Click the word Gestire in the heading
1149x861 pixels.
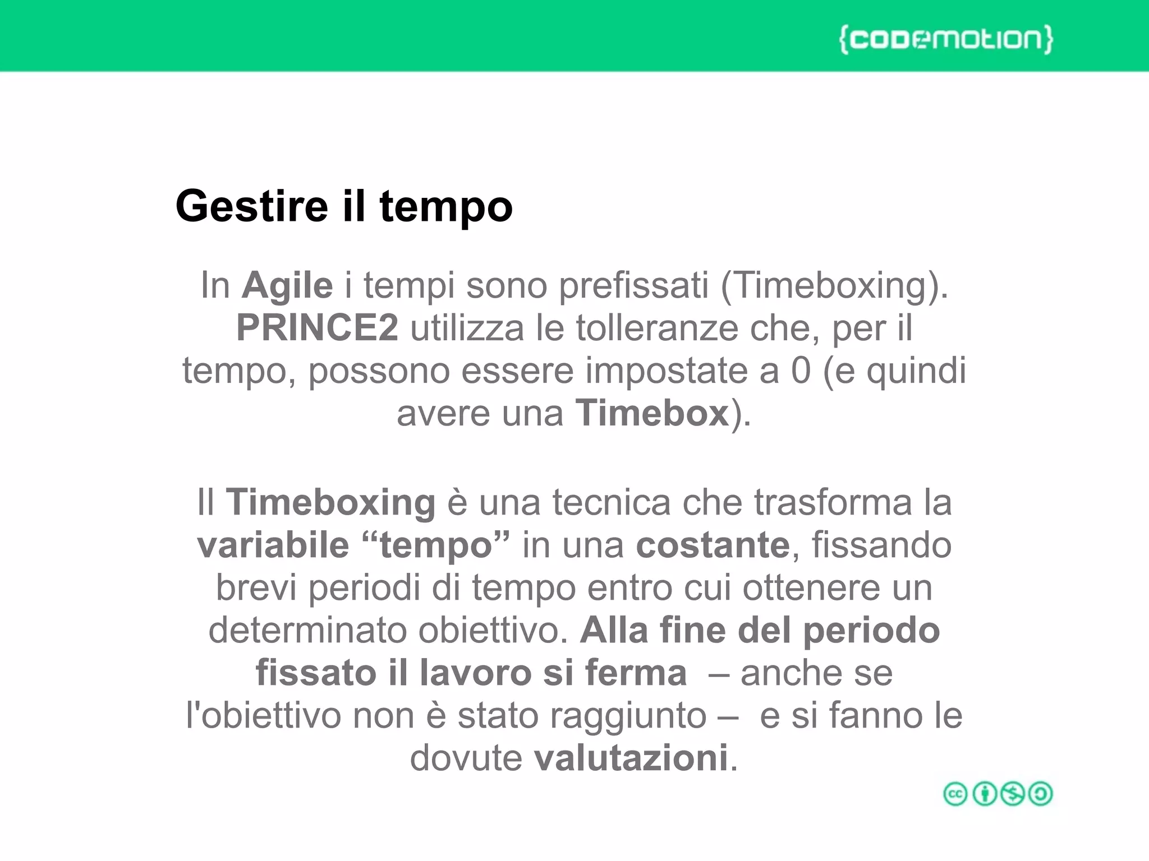[x=251, y=206]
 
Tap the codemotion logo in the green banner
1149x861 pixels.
[x=946, y=39]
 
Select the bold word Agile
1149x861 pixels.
[x=287, y=286]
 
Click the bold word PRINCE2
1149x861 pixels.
[x=318, y=328]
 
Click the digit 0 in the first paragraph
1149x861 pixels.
[x=801, y=371]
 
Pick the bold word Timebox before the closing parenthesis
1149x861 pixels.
[x=652, y=413]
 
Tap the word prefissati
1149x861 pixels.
[x=633, y=286]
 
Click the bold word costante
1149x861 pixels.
[x=713, y=545]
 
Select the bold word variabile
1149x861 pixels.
[x=273, y=545]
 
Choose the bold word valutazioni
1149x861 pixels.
[x=631, y=758]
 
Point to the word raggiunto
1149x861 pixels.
[x=628, y=716]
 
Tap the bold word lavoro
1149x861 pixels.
[x=475, y=673]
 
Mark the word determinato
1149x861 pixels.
[x=307, y=630]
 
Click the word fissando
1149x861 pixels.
[x=882, y=545]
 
